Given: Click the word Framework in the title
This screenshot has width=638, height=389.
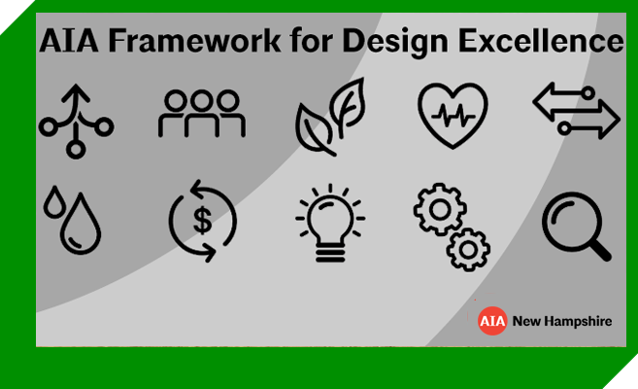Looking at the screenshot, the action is [194, 41].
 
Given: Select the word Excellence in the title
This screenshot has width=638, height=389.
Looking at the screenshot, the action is [541, 41].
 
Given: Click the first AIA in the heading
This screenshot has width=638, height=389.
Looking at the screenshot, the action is [69, 41].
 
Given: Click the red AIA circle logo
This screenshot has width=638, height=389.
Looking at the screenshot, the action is [492, 321].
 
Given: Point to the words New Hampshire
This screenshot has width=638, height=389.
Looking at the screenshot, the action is [562, 321].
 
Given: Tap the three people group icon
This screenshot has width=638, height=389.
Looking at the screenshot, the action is [202, 113].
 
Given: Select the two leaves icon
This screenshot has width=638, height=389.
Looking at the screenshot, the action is [330, 117].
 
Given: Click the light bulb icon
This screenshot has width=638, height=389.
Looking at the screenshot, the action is [330, 223].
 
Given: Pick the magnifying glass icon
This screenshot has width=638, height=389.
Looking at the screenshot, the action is [577, 227].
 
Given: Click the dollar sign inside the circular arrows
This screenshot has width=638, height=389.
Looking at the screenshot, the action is [202, 221].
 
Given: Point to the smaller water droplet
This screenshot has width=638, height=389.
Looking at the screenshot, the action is [53, 202].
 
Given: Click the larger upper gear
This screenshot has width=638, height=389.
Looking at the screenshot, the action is [440, 209].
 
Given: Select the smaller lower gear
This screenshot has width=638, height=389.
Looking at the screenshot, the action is [468, 250].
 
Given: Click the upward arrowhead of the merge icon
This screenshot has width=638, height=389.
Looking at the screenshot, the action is [76, 92].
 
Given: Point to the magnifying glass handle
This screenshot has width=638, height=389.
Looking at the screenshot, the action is [601, 249].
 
